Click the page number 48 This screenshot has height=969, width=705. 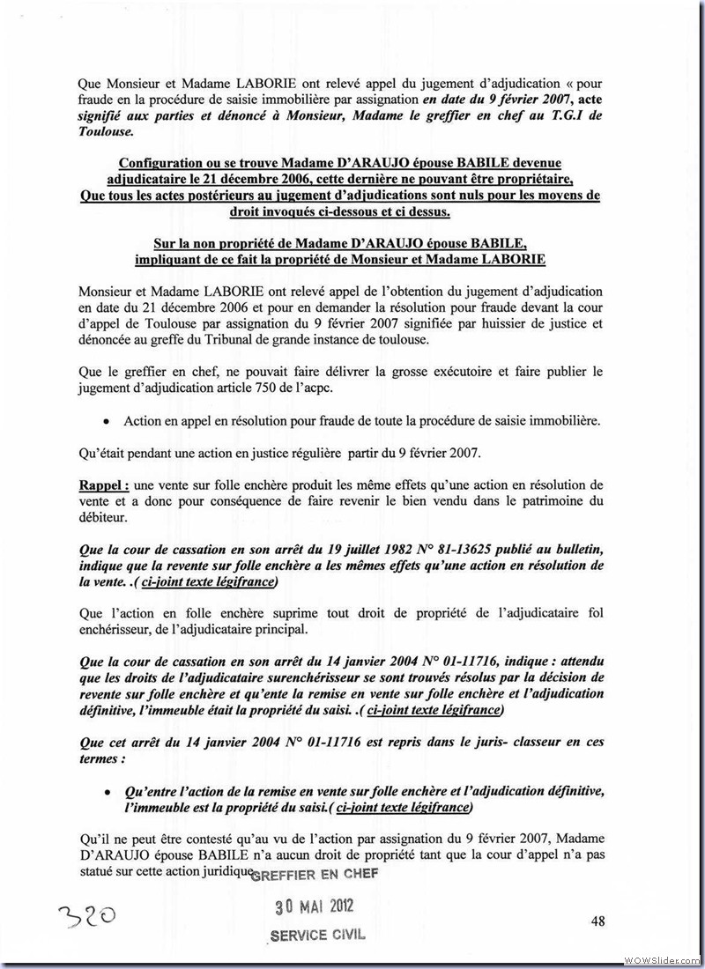point(598,921)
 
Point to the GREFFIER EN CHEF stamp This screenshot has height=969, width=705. point(315,874)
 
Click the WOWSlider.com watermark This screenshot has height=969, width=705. point(662,958)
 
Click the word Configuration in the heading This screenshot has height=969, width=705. point(165,164)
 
